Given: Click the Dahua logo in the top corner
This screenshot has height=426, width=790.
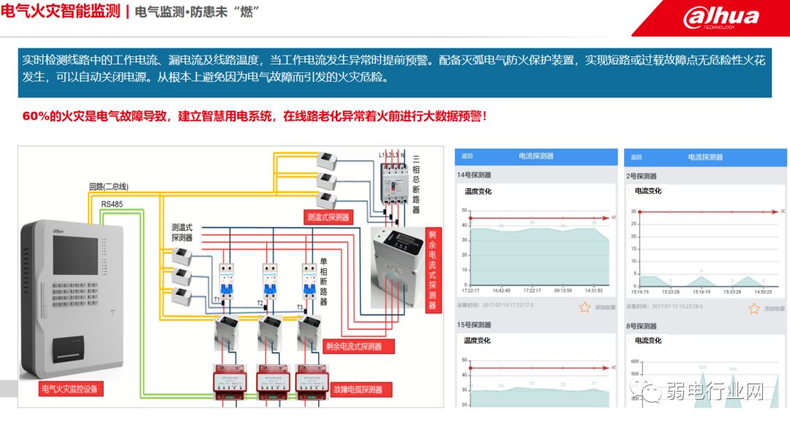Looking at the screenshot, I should click(x=721, y=18).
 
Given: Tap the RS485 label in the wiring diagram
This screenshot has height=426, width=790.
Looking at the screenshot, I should click(x=113, y=204).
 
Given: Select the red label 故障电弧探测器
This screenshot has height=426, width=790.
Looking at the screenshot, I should click(x=358, y=389).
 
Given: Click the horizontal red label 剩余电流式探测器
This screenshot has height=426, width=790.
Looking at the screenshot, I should click(x=353, y=346).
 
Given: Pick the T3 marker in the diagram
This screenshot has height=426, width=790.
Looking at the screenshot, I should click(x=299, y=307).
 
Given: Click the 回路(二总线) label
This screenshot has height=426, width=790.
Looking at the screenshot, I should click(x=108, y=187).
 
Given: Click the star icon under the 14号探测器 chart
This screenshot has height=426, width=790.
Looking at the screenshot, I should click(x=584, y=307).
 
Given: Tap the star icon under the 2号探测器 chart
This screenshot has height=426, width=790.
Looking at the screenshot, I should click(x=754, y=308).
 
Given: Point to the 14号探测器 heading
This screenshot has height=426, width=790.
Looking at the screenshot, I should click(x=474, y=176).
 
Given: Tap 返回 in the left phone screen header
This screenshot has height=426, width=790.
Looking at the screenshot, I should click(x=467, y=157).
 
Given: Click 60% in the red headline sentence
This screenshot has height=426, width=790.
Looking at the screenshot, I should click(x=36, y=116).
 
